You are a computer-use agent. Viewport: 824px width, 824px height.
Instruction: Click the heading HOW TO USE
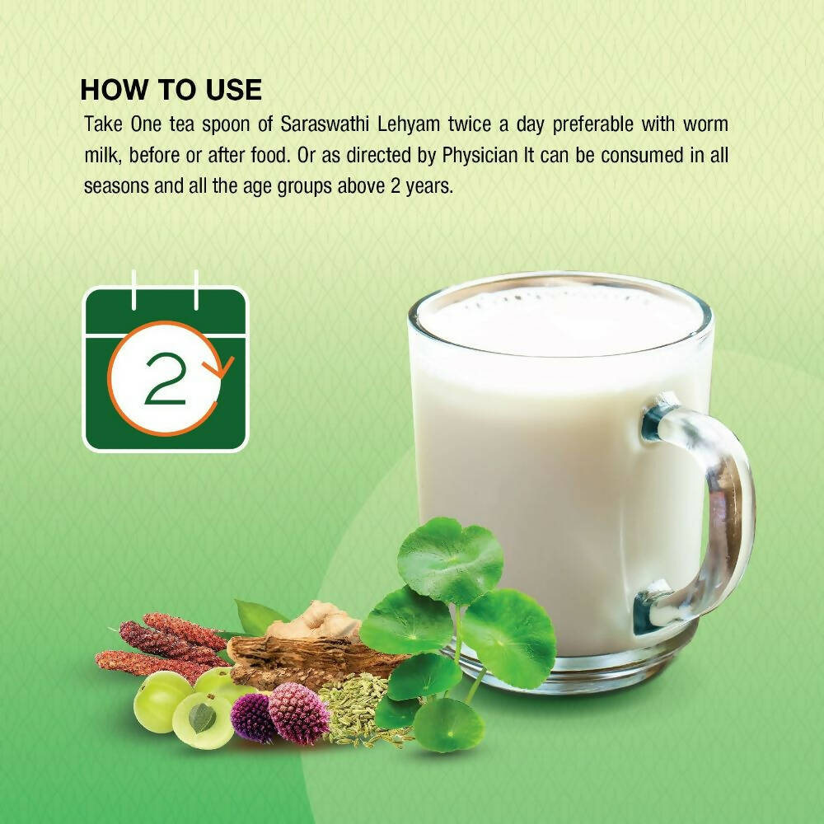coord(171,89)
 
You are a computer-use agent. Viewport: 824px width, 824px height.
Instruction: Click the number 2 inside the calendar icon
coord(166,378)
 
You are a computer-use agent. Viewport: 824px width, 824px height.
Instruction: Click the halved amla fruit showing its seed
coord(203,720)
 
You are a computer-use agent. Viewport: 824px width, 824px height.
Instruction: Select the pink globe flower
coord(298,713)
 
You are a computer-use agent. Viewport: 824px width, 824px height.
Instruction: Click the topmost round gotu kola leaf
coord(451,560)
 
